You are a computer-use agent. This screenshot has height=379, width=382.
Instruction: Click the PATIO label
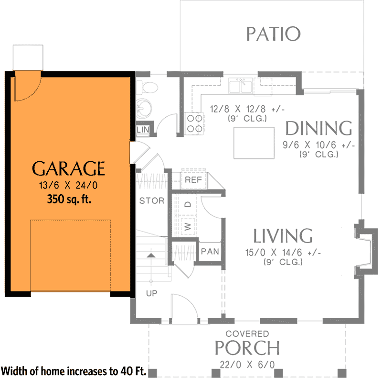click(x=273, y=34)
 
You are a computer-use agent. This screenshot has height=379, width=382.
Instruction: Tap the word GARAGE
click(x=68, y=168)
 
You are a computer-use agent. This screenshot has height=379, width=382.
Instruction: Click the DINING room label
click(x=318, y=128)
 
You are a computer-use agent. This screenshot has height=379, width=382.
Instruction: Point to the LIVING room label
click(x=283, y=236)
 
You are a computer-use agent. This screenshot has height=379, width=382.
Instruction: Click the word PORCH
click(x=247, y=348)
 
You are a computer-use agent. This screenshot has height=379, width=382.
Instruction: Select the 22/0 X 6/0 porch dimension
click(x=247, y=365)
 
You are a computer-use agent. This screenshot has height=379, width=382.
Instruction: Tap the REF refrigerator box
click(x=193, y=180)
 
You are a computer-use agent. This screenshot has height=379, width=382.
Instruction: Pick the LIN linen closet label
click(x=142, y=130)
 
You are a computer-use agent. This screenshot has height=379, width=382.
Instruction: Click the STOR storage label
click(x=152, y=201)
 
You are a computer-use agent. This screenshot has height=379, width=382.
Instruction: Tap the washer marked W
click(x=188, y=226)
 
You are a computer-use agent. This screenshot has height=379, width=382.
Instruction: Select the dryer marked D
click(x=188, y=204)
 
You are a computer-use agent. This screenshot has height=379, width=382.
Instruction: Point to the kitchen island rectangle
click(x=254, y=143)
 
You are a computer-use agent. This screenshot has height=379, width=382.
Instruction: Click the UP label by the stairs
click(x=151, y=293)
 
